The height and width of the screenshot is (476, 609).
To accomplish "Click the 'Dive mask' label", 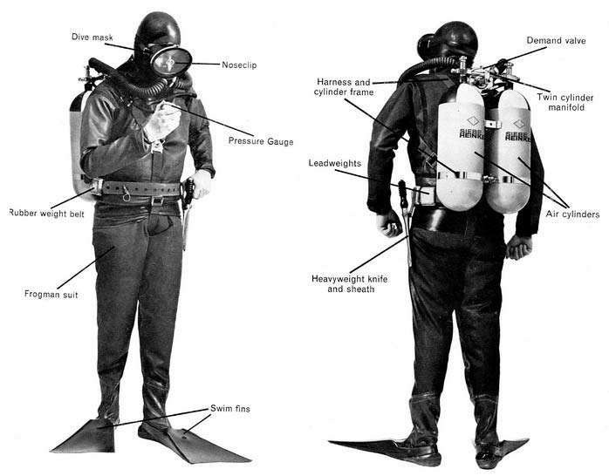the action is [x=92, y=37].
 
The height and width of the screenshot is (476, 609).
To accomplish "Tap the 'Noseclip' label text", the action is [x=239, y=65].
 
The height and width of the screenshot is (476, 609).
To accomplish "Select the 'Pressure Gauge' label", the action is [x=261, y=141].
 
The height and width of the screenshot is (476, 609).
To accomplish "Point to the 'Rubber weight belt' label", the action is [x=46, y=213].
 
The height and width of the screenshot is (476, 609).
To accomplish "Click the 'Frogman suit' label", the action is [x=51, y=295].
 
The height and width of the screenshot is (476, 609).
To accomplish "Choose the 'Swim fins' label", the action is [x=230, y=409].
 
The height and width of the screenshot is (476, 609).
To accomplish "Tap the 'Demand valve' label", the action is [x=556, y=40].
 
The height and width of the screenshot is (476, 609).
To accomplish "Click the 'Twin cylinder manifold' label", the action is [x=565, y=102].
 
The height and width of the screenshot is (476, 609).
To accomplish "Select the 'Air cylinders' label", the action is [x=572, y=214].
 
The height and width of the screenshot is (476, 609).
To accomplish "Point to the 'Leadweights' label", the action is [x=335, y=163].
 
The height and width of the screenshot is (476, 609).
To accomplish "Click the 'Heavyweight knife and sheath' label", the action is [x=350, y=284].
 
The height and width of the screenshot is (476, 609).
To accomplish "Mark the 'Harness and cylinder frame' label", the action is [x=344, y=87].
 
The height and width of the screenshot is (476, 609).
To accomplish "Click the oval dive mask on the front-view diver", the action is [x=171, y=61].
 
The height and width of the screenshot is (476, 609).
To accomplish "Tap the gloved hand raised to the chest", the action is [x=161, y=121].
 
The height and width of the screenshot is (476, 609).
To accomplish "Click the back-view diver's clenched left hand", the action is [x=389, y=223].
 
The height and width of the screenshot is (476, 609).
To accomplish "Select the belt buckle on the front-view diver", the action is [x=157, y=201].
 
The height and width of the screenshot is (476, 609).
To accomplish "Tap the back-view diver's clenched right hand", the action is [x=519, y=247].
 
